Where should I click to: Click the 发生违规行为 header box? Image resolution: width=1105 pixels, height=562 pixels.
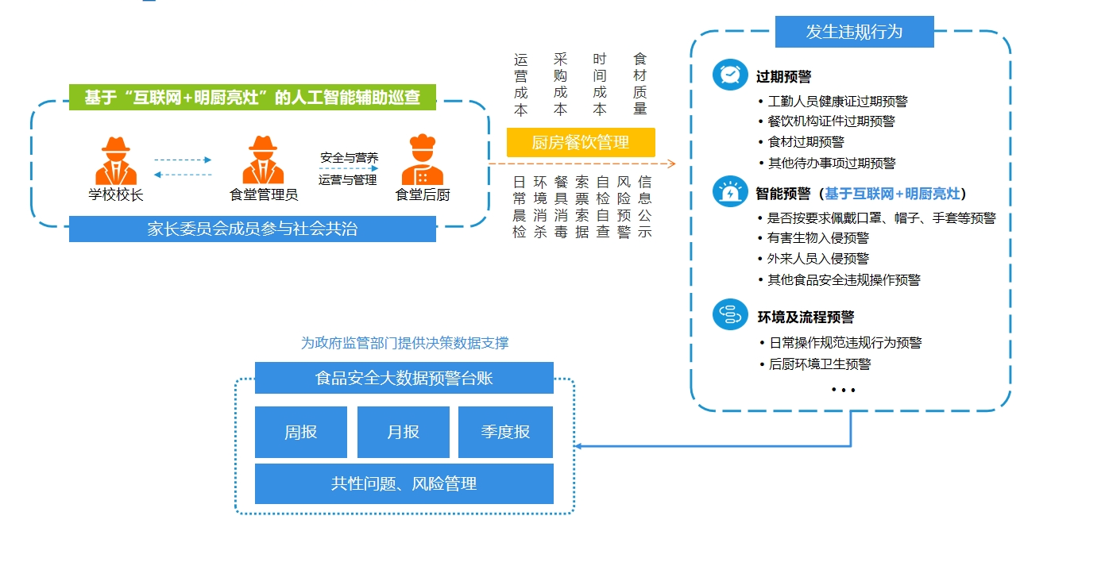(x=855, y=32)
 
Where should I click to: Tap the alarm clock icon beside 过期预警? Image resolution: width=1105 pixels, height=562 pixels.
(x=730, y=75)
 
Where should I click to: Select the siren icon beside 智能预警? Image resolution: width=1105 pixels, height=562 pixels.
(x=730, y=191)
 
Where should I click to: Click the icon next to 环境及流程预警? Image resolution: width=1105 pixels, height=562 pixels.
(x=730, y=314)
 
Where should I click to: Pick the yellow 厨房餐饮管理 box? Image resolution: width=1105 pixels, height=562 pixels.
(x=581, y=142)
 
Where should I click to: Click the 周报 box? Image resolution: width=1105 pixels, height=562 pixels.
(x=301, y=432)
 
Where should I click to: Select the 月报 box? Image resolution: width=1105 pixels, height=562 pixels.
(x=403, y=432)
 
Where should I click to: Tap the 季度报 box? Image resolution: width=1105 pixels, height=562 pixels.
(x=505, y=432)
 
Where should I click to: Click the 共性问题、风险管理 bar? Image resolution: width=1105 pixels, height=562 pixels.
(x=404, y=483)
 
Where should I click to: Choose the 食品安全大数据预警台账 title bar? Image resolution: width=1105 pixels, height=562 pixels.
(x=404, y=378)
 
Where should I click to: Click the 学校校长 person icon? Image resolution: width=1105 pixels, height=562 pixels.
(x=116, y=160)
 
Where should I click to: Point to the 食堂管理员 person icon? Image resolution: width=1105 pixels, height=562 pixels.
(x=263, y=160)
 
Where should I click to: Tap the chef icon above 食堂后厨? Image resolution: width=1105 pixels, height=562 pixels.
(x=423, y=159)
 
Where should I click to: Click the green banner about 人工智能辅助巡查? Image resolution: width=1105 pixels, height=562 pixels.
(x=253, y=97)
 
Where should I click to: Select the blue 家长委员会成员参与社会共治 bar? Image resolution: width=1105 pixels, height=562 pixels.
(x=253, y=229)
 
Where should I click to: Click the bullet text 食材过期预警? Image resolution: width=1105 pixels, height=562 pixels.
(x=806, y=142)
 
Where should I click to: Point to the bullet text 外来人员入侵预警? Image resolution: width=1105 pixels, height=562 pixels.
(x=818, y=258)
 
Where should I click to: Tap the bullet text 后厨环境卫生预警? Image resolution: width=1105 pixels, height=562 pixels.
(x=820, y=364)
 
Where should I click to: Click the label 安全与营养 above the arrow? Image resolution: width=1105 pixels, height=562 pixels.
(x=350, y=158)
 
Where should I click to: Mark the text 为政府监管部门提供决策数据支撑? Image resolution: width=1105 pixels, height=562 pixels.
(x=404, y=343)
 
